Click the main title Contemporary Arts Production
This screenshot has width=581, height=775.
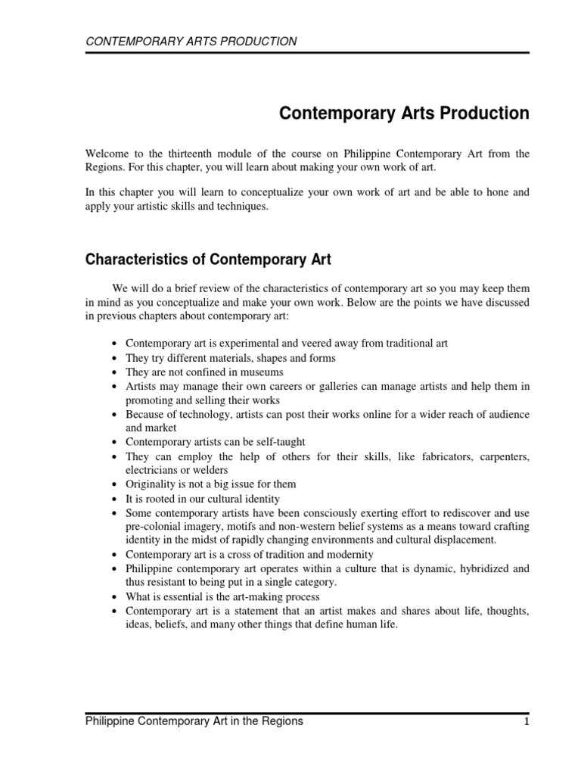click(x=404, y=114)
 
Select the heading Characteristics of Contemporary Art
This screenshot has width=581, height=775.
click(x=207, y=260)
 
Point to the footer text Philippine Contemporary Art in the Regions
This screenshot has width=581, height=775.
click(x=194, y=722)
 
